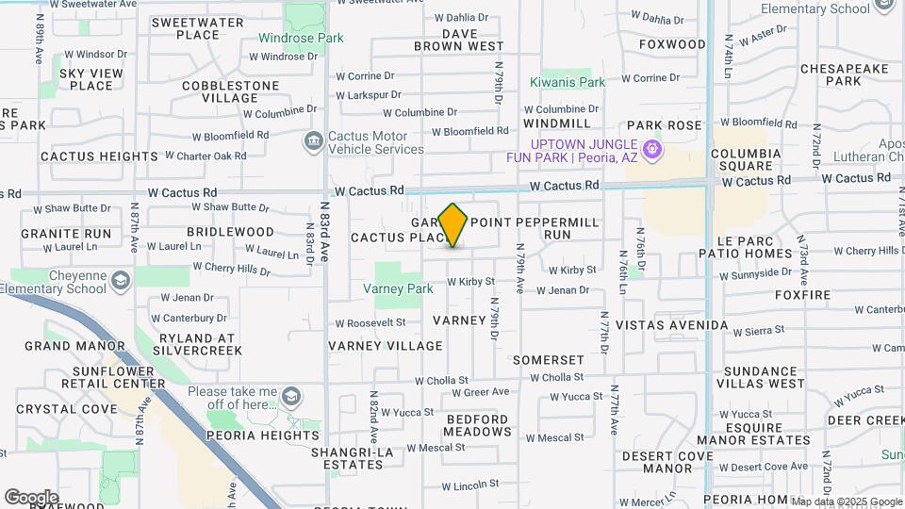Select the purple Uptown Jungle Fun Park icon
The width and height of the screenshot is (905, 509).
pos(650,149)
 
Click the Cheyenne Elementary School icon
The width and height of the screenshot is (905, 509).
pos(121,281)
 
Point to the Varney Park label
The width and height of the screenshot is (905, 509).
pos(399,288)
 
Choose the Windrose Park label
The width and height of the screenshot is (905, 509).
pos(303,39)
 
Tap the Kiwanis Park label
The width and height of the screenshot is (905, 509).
pos(567,83)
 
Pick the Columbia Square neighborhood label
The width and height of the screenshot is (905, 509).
pos(746,160)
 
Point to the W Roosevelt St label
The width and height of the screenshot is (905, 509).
pos(370,322)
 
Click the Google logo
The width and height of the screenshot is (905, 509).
pos(31,497)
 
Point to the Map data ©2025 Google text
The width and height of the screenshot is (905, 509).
pos(846,501)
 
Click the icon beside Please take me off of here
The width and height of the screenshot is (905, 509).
pos(291,396)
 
